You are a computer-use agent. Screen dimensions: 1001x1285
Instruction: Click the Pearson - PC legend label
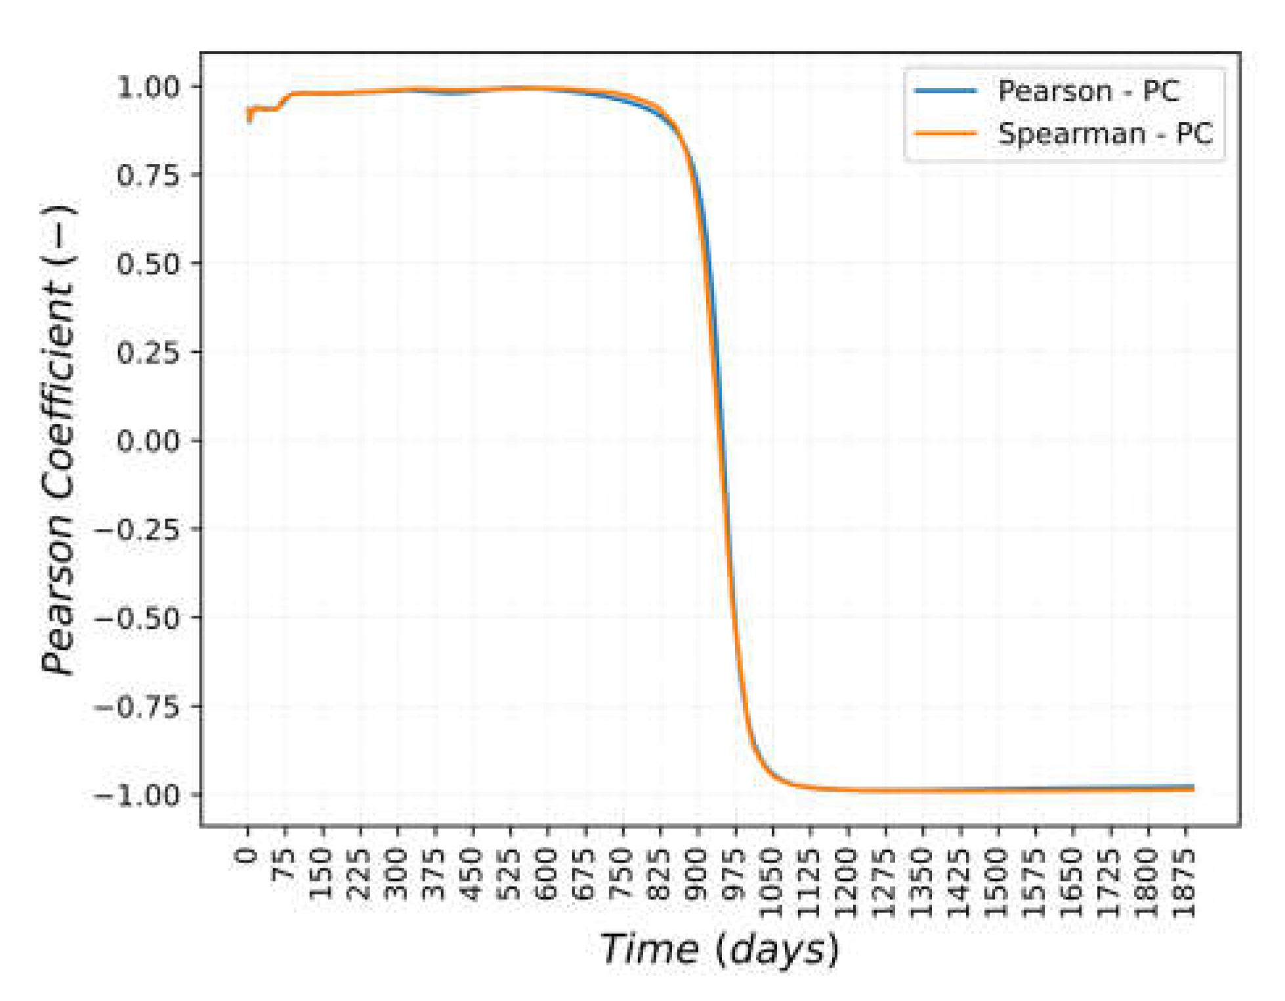pos(1088,91)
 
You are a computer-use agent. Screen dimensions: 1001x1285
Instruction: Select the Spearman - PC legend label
pos(1105,134)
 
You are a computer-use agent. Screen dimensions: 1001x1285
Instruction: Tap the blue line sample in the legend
pos(946,91)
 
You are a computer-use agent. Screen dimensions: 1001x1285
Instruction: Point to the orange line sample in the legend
pos(946,134)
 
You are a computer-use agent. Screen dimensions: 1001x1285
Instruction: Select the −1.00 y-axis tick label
pos(137,795)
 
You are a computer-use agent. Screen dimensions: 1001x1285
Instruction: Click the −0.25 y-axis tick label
pos(137,529)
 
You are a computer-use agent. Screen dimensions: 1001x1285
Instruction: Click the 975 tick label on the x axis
pos(736,870)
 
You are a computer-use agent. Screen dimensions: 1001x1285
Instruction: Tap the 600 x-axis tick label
pos(548,870)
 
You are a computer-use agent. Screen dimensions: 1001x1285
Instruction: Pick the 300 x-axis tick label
pos(398,870)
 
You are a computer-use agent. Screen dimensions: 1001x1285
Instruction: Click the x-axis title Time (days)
pos(719,949)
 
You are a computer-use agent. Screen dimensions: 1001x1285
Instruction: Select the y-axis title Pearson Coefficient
pos(59,440)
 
